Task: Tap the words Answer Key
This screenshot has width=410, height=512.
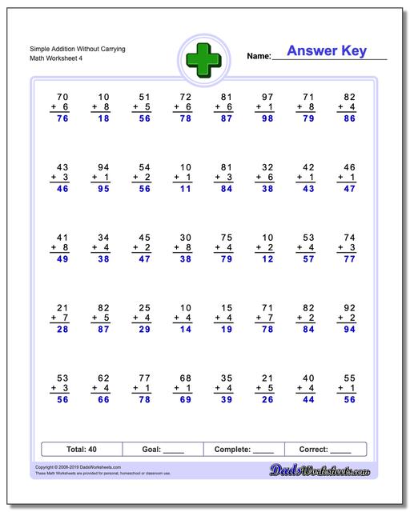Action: click(327, 51)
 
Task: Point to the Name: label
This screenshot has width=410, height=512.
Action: click(259, 56)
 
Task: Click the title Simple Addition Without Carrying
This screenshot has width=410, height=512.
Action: click(70, 49)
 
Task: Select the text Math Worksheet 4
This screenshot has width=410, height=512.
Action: click(49, 58)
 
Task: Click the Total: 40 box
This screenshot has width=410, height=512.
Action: click(80, 450)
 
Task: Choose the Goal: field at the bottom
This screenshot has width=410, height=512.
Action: click(162, 450)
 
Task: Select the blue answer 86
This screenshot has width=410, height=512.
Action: click(347, 118)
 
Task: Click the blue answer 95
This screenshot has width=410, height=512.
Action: click(102, 189)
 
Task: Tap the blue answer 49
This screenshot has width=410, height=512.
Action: click(61, 259)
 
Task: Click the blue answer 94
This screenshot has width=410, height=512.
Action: click(347, 329)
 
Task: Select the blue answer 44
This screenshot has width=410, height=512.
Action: click(306, 399)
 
